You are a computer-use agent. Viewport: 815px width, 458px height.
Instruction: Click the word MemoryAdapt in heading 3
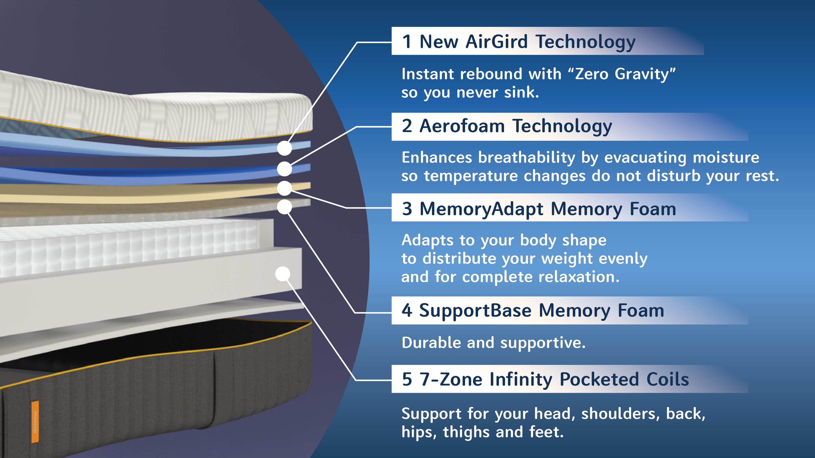[x=481, y=209]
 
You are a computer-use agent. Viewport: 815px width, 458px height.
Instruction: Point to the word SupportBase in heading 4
[x=475, y=310]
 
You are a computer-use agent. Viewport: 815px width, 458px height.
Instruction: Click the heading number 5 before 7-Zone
[x=407, y=379]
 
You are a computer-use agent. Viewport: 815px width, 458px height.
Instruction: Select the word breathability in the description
[x=526, y=158]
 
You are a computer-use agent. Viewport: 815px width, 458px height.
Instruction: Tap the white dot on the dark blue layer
[x=284, y=169]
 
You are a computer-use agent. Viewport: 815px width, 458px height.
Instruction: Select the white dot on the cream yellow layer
[x=284, y=188]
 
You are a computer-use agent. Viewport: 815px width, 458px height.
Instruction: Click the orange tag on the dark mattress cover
[x=35, y=421]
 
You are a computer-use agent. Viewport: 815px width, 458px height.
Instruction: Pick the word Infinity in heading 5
[x=521, y=379]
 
